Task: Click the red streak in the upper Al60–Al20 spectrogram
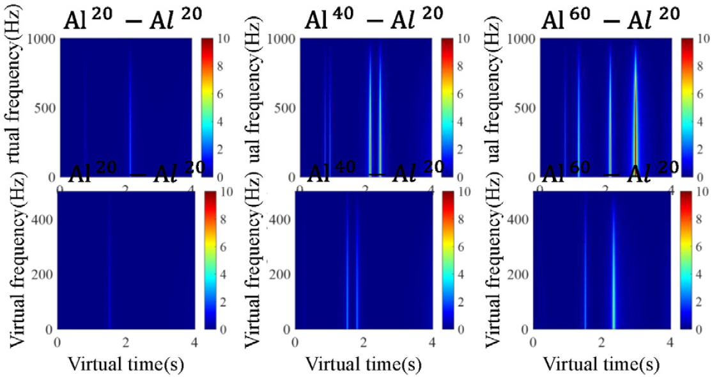635,128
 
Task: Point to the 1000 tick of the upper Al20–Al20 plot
43,38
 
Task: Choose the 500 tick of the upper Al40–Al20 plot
286,107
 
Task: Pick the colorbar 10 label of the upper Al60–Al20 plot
704,39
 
